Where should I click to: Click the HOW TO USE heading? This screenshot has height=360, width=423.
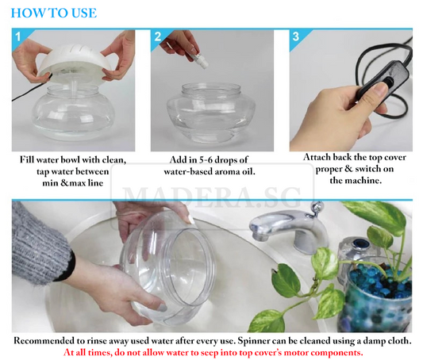click(x=54, y=13)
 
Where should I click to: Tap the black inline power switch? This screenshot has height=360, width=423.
click(x=383, y=79)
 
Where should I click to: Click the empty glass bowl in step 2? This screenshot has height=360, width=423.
click(x=211, y=113)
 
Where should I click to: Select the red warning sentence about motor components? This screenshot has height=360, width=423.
click(x=213, y=353)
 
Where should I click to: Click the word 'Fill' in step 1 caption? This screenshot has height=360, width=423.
click(x=27, y=159)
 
